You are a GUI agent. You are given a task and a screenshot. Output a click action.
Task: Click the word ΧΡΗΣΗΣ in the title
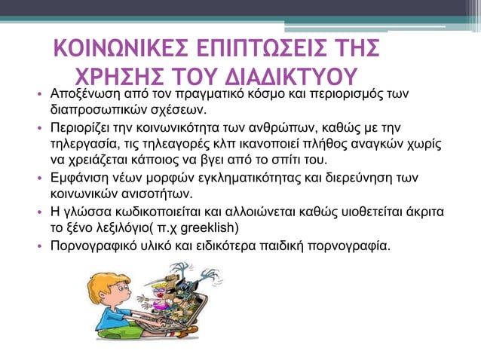[124, 79]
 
